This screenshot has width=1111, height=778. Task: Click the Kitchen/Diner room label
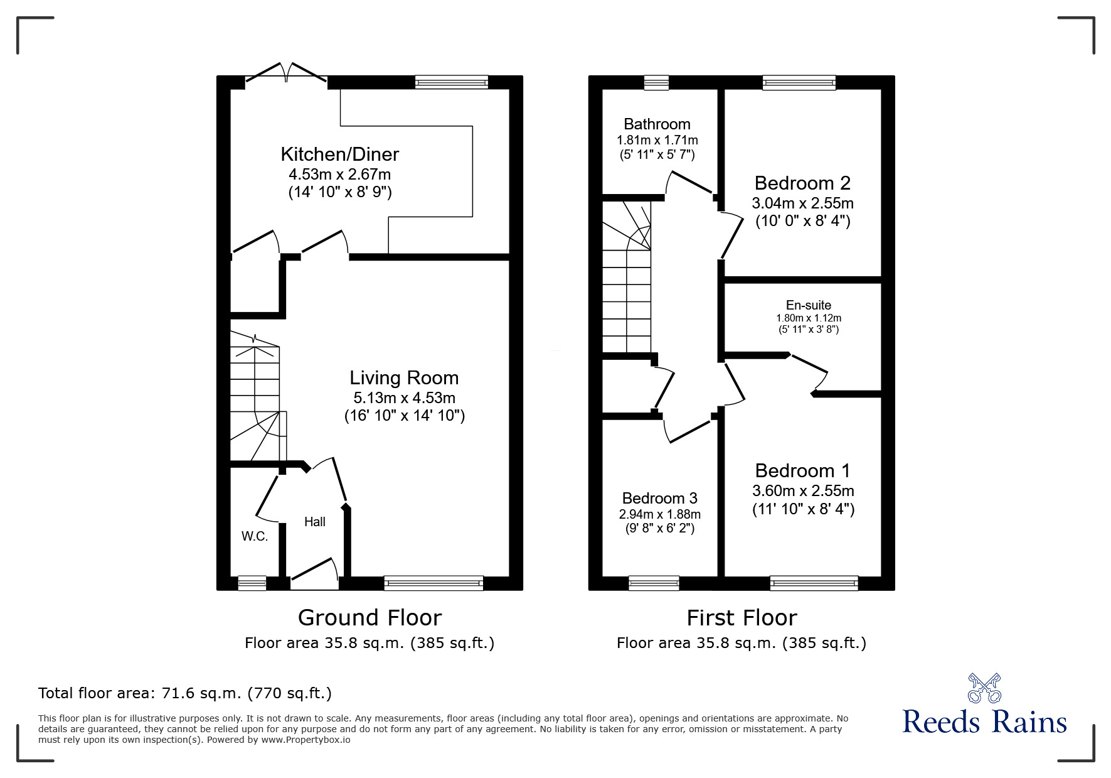[339, 154]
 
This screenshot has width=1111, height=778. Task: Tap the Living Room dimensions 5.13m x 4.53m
[404, 397]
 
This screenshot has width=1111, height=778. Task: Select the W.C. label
[255, 536]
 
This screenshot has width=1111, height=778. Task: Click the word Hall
[315, 522]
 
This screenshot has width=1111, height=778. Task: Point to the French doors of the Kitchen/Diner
[286, 73]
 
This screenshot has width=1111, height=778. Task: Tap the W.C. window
[252, 583]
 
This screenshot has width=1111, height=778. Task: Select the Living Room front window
[433, 583]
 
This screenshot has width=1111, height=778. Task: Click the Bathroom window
[656, 82]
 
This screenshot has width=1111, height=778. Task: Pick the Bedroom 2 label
[802, 183]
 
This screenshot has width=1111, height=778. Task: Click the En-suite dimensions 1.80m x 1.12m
[809, 318]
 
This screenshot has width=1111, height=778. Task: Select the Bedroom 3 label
[659, 499]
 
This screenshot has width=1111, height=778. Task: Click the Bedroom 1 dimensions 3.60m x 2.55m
[803, 490]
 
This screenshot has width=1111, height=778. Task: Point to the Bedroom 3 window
[654, 583]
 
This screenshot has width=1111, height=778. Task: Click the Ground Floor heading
[369, 618]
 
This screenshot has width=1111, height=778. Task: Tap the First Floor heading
[742, 618]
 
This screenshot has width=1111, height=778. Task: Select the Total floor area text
[185, 693]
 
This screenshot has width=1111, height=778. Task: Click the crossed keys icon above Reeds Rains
[984, 688]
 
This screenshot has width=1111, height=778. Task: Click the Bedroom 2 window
[799, 82]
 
